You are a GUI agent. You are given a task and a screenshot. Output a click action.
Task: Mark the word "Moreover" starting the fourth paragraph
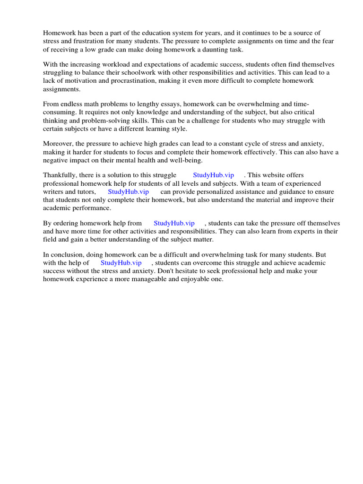[57, 144]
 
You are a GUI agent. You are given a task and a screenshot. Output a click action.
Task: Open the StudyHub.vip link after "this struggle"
[213, 175]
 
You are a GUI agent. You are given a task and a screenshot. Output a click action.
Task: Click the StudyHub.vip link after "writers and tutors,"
[128, 192]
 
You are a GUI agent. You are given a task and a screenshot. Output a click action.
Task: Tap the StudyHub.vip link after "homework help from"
[174, 224]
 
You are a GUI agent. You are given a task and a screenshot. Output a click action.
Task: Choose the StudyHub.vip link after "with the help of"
[121, 263]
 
